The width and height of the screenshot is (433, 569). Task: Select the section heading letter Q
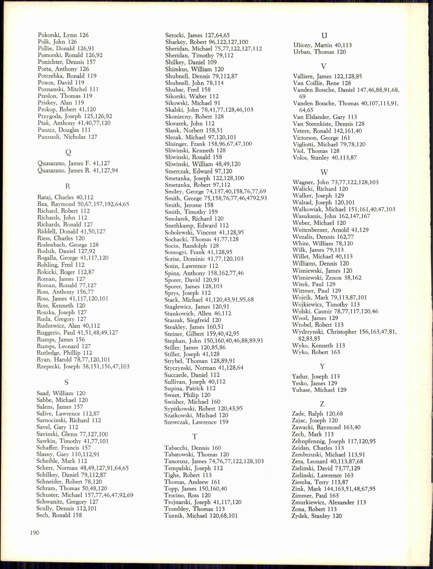pyautogui.click(x=68, y=152)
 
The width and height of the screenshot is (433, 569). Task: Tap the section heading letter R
pyautogui.click(x=68, y=186)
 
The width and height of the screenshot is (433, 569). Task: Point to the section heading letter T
pyautogui.click(x=195, y=437)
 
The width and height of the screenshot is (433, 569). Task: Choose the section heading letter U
pyautogui.click(x=324, y=35)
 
